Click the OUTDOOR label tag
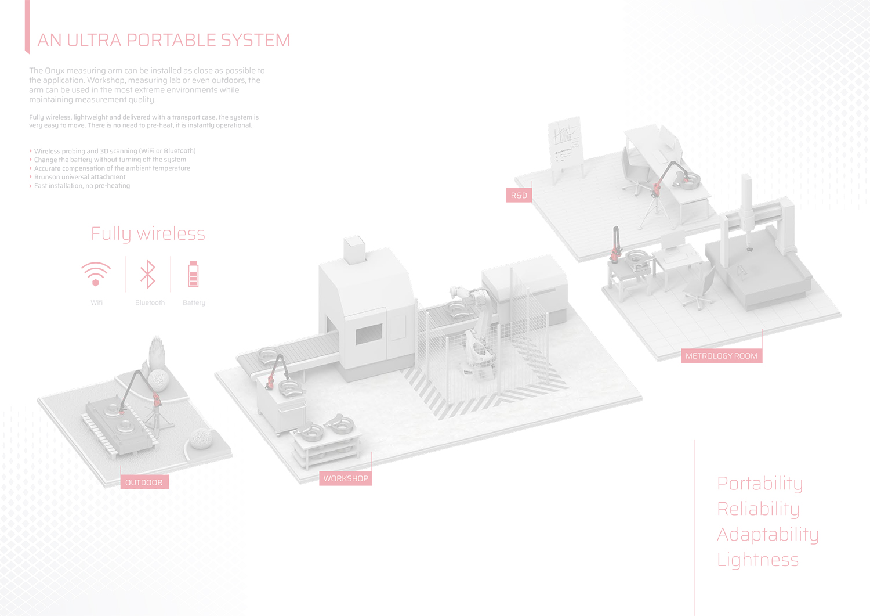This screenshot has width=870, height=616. [x=144, y=482]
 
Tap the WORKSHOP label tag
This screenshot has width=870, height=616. [x=345, y=478]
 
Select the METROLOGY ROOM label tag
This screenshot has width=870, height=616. [x=722, y=356]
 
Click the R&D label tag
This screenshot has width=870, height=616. [x=519, y=195]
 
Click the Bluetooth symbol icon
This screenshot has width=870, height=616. [x=147, y=274]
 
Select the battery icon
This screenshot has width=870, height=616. [x=193, y=274]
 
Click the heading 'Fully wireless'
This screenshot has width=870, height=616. [x=148, y=234]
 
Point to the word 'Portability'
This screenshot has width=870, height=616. [x=760, y=484]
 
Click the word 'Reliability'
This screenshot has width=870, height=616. [x=758, y=509]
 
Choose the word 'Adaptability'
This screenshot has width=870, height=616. [x=768, y=535]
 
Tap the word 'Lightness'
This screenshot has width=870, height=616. [x=757, y=560]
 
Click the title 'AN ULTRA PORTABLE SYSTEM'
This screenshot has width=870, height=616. [x=164, y=40]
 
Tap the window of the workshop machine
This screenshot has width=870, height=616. [x=368, y=334]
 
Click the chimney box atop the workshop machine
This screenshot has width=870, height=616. [x=354, y=249]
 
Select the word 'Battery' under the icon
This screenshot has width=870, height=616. [x=194, y=302]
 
